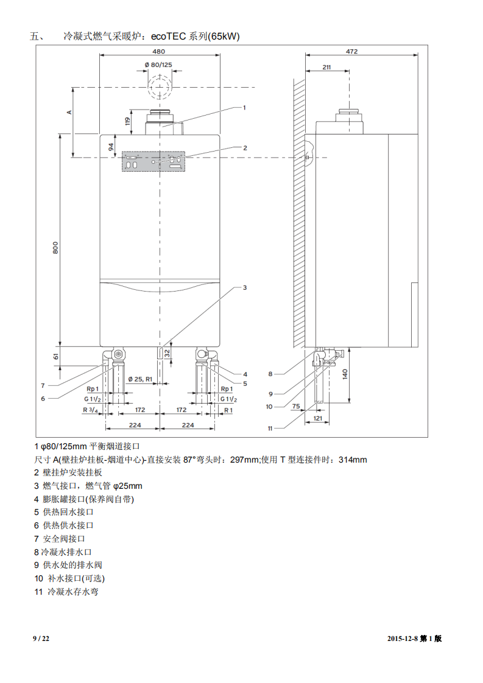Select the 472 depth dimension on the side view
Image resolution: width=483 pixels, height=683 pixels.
[351, 51]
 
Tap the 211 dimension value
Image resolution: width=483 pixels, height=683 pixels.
[326, 67]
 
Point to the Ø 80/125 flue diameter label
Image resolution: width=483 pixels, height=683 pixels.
[158, 65]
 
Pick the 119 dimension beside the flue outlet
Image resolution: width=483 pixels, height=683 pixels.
[128, 121]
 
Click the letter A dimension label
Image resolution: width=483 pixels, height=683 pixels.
[69, 112]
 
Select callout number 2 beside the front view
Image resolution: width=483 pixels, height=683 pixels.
[245, 147]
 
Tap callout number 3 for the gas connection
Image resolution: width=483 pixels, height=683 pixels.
[245, 287]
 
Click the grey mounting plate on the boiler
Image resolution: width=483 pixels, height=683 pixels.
[153, 161]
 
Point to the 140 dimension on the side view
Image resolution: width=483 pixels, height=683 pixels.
[345, 374]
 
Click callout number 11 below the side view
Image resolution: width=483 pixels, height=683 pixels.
[270, 428]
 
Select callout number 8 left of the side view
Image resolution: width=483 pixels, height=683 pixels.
[270, 374]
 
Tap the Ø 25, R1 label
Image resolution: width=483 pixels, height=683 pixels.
[140, 379]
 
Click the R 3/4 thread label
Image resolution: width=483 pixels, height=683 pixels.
[90, 410]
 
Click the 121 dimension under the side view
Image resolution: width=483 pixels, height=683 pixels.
[317, 419]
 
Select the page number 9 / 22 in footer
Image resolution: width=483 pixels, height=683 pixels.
[41, 639]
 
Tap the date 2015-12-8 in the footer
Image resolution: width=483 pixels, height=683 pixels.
[406, 639]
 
